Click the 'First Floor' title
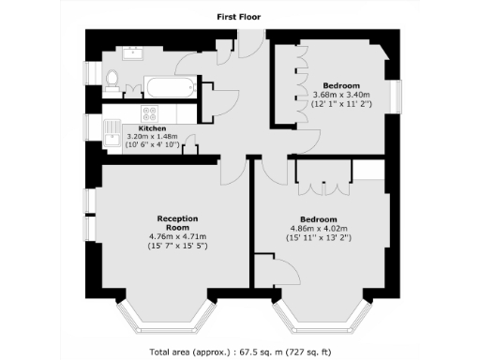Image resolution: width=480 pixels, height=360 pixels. [239, 16]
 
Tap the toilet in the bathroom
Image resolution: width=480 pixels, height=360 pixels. [112, 82]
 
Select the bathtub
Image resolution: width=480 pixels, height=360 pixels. [169, 90]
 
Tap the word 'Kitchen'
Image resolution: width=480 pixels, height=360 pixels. [152, 127]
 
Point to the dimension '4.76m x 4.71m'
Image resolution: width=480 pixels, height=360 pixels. [176, 236]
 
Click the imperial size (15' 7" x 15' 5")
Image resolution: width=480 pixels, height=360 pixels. [176, 246]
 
